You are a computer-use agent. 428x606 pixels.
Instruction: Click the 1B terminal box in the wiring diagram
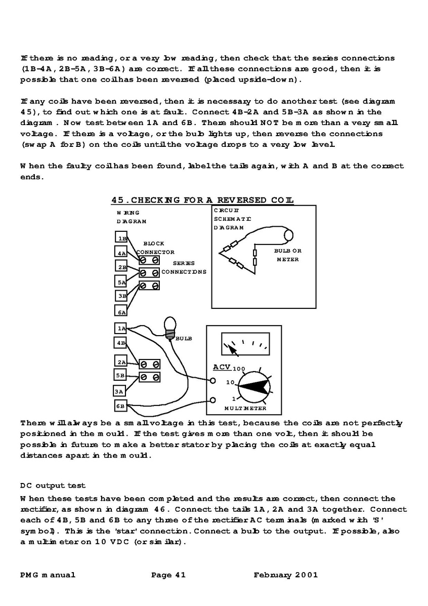121,238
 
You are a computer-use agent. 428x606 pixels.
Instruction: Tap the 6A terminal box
121,312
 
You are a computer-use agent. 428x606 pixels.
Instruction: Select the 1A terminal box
121,329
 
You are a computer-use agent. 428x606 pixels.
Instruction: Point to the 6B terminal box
120,406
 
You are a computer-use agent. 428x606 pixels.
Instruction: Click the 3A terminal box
119,391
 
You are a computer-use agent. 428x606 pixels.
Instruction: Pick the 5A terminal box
121,282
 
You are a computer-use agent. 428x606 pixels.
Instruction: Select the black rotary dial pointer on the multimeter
253,386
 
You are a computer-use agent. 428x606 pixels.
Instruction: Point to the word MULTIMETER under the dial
245,408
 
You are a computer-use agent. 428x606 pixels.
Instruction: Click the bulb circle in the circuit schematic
289,235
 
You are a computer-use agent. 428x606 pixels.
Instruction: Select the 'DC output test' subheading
53,486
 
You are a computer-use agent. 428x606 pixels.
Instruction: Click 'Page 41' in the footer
168,575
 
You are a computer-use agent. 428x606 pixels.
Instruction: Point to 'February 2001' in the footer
286,575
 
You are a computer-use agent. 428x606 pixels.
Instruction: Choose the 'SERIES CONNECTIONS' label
184,267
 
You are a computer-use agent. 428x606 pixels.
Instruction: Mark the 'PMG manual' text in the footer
48,575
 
